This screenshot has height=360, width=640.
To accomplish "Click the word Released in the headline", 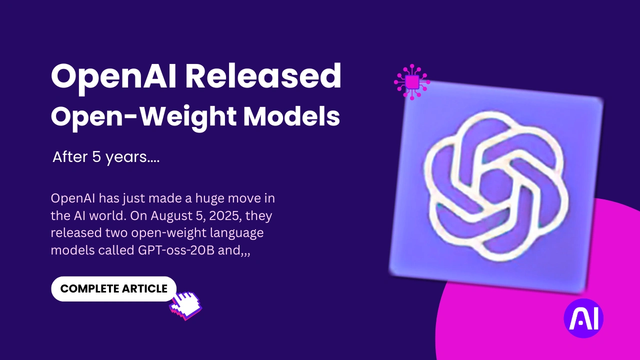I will (263, 76).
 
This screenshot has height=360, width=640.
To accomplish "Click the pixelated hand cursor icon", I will (186, 304).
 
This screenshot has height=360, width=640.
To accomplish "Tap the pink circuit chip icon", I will (412, 81).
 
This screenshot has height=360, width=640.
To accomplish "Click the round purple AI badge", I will (583, 318).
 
